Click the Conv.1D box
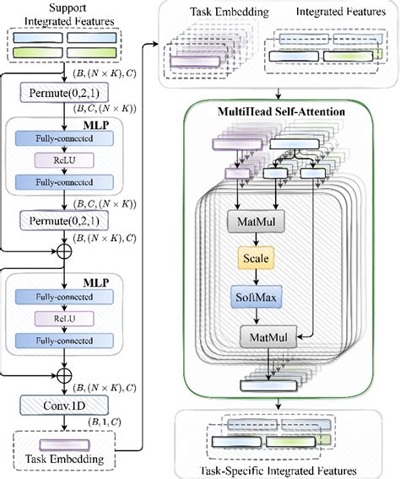point(64,405)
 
